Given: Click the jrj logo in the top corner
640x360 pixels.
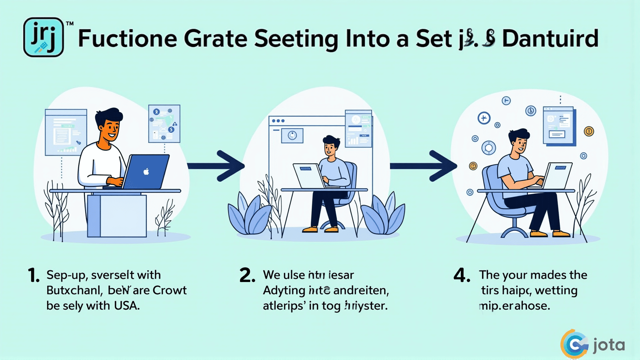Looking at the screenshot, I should (x=43, y=37).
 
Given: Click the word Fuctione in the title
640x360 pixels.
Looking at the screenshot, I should (x=127, y=39).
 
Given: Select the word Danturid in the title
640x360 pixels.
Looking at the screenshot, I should (x=550, y=39).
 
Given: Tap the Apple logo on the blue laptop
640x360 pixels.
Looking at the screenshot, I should (x=146, y=172).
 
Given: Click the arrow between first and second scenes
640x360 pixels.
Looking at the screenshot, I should (x=217, y=166).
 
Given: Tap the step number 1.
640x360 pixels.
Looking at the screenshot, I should (x=34, y=276).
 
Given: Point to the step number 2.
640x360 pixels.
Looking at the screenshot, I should (x=247, y=276).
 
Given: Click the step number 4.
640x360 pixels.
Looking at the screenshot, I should (x=462, y=276).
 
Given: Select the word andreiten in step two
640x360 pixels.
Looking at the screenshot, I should (x=361, y=290).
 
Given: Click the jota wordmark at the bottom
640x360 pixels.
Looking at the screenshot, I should (x=609, y=345).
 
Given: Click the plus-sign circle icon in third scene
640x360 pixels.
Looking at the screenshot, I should (x=484, y=118).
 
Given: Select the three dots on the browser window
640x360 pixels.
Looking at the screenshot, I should (x=278, y=121).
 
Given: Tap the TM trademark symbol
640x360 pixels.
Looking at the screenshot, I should (x=69, y=24).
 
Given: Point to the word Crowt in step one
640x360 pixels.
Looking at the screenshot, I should (x=169, y=290).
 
